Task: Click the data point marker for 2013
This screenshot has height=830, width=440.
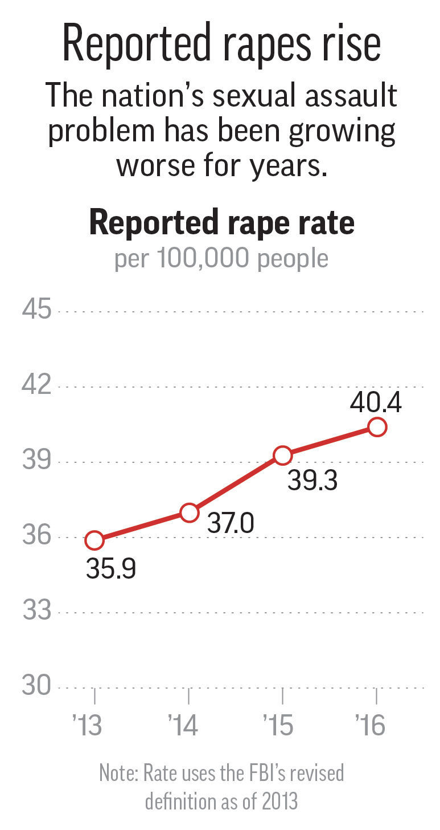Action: pyautogui.click(x=94, y=540)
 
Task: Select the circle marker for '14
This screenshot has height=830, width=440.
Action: pyautogui.click(x=189, y=512)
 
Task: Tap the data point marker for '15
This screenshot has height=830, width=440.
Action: pyautogui.click(x=283, y=455)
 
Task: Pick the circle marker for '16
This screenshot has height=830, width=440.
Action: pyautogui.click(x=377, y=426)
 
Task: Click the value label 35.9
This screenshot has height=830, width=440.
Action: pyautogui.click(x=111, y=569)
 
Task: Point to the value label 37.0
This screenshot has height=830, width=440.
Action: pyautogui.click(x=230, y=524)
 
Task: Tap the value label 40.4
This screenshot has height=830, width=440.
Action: pyautogui.click(x=376, y=403)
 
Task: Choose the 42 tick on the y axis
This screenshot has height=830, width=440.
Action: pyautogui.click(x=37, y=386)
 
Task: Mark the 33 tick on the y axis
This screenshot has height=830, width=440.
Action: pyautogui.click(x=37, y=612)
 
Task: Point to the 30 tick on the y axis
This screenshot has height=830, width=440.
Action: pyautogui.click(x=37, y=686)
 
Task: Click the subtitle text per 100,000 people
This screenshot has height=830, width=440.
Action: pyautogui.click(x=221, y=259)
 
